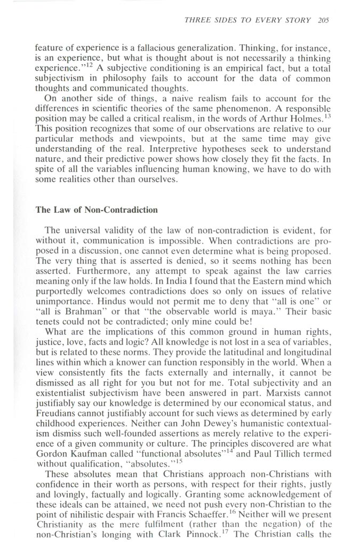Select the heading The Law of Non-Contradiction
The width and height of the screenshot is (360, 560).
tap(97, 210)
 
